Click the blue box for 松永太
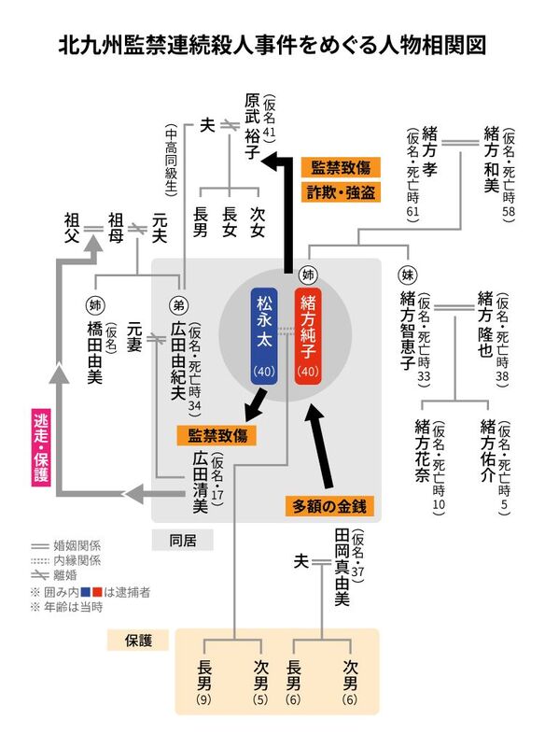tap(264, 336)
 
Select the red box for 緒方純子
tap(308, 336)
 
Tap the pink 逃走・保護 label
tap(41, 447)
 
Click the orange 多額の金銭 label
tap(329, 506)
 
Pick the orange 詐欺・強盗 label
tap(341, 192)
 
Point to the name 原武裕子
tap(252, 126)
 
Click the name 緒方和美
tap(491, 159)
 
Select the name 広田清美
tap(201, 482)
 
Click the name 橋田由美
tap(94, 352)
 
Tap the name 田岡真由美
tap(342, 568)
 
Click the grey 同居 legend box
tap(183, 541)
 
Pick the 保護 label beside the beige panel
tap(138, 641)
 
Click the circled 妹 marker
tap(408, 275)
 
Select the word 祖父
tap(72, 228)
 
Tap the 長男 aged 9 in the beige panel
tap(204, 683)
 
